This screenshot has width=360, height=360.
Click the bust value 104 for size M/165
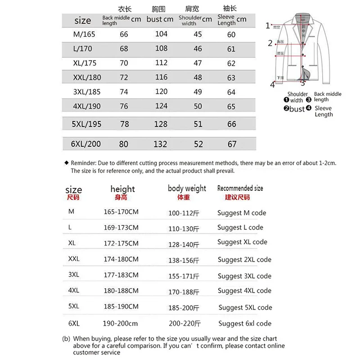[x=161, y=34]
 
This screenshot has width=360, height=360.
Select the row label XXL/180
[x=87, y=77]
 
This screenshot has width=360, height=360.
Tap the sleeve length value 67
[x=232, y=144]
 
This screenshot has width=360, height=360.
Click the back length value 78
[x=124, y=124]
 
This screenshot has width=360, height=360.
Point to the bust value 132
[x=161, y=144]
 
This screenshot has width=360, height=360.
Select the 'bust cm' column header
[x=160, y=19]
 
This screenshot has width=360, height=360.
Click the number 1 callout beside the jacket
[x=268, y=26]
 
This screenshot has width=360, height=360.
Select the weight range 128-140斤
[x=183, y=244]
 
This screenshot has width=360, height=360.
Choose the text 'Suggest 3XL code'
[x=244, y=276]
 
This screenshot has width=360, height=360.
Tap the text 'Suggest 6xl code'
[x=245, y=324]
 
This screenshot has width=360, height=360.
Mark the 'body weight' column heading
[x=187, y=188]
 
